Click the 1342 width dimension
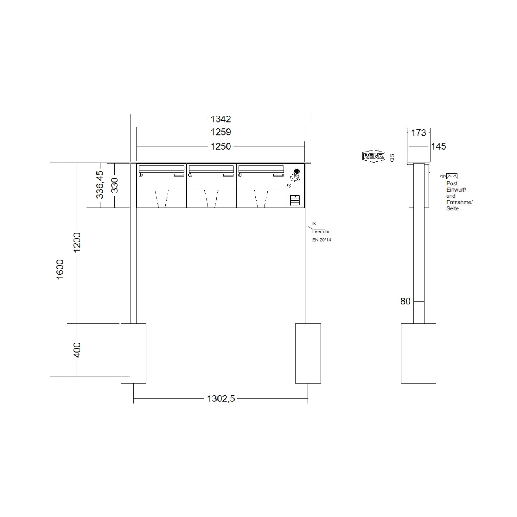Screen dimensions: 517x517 click(221, 119)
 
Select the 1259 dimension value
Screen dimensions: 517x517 click(221, 132)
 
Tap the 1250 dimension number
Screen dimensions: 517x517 click(221, 146)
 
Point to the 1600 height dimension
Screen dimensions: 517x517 click(60, 269)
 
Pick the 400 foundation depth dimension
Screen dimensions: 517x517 click(77, 350)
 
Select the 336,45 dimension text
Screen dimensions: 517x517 click(100, 184)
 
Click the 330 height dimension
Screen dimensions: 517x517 click(115, 185)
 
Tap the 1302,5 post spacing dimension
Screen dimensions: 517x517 click(221, 399)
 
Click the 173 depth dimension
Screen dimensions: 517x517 click(418, 133)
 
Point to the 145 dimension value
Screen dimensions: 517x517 click(439, 146)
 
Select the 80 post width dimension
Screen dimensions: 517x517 click(405, 301)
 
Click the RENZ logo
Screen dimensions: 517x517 click(374, 156)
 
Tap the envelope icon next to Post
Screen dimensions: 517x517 click(452, 176)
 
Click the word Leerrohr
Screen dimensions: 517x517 click(321, 232)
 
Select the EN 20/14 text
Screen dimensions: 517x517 click(321, 240)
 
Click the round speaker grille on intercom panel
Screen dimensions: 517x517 click(295, 177)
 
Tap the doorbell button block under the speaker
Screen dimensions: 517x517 click(295, 200)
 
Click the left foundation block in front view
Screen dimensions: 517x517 click(134, 353)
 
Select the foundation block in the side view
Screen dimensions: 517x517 click(418, 353)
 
